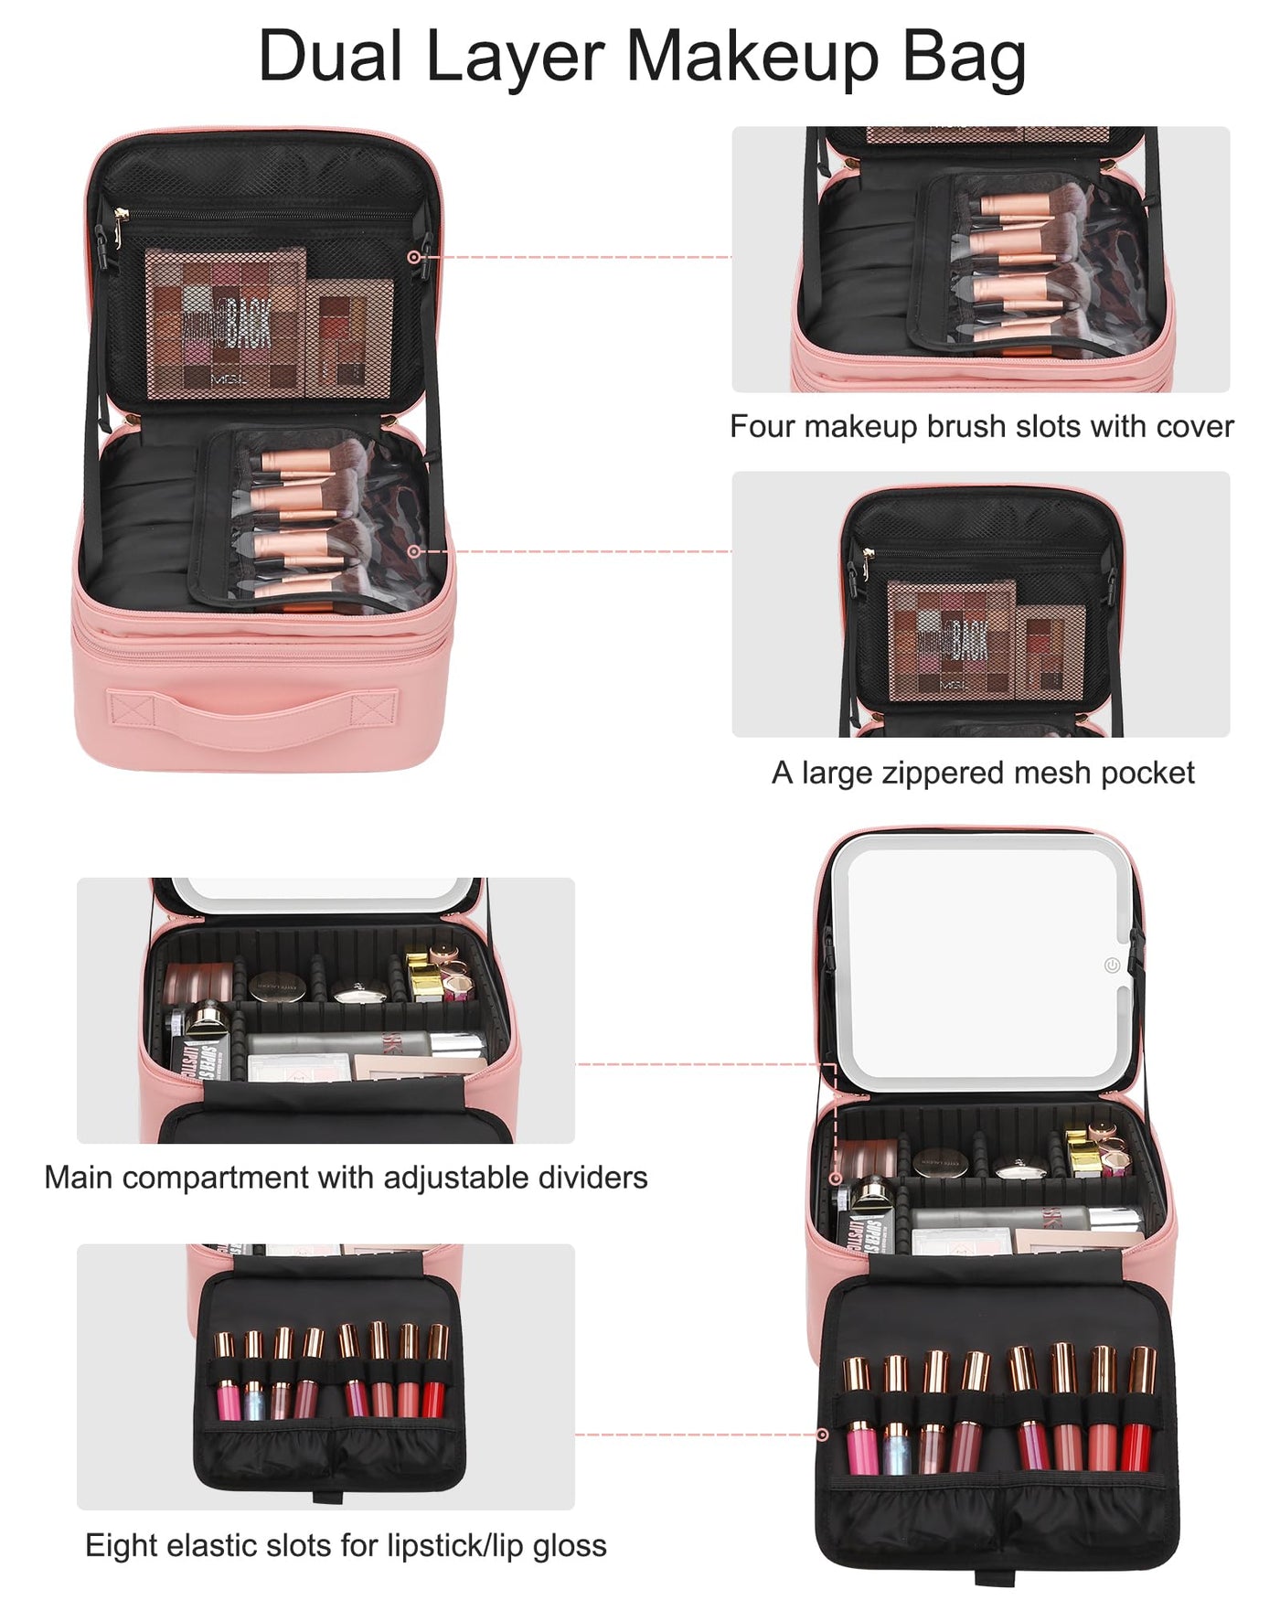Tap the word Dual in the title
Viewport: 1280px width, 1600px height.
(x=330, y=57)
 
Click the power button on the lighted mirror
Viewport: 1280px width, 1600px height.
(x=1112, y=965)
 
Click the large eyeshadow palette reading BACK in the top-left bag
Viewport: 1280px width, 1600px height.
(x=227, y=325)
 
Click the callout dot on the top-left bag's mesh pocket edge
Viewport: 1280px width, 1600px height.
(x=413, y=258)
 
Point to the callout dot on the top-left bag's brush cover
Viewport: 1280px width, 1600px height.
(x=413, y=551)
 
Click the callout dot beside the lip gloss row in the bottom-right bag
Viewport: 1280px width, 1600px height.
(x=822, y=1435)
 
